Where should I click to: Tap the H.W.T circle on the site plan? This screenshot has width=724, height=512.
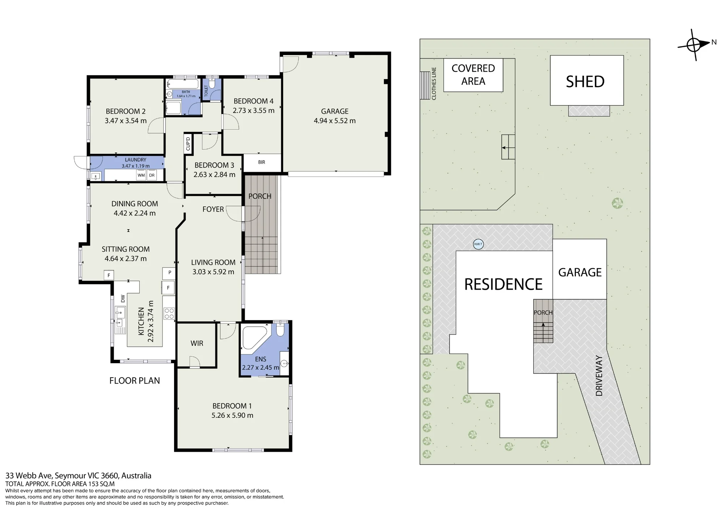pos(478,244)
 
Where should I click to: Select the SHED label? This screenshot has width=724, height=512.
pos(585,82)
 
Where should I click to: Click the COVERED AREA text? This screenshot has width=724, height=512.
pos(473,75)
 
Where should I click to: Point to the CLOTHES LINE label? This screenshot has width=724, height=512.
pos(434,84)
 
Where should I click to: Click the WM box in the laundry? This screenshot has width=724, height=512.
pos(141,175)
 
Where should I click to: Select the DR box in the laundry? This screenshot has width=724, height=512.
pos(152,175)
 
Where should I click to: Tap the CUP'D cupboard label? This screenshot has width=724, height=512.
pos(188,144)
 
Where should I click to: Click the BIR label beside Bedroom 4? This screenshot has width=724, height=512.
pos(262,162)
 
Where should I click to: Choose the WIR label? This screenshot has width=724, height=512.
pos(197,343)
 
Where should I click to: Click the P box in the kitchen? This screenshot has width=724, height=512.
pos(169,273)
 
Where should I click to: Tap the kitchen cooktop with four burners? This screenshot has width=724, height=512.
pos(169,314)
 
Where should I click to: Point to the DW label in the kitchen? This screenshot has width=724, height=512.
pos(123,298)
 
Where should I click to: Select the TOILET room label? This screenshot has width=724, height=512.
pos(206,91)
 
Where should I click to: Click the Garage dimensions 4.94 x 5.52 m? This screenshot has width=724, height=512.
pos(334,121)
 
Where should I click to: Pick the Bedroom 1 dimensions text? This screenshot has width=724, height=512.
pos(232,415)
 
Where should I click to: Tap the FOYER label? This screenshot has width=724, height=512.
pos(213,209)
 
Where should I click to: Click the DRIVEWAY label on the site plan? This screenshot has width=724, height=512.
pos(599,376)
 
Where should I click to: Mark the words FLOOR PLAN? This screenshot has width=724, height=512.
pos(135,381)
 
